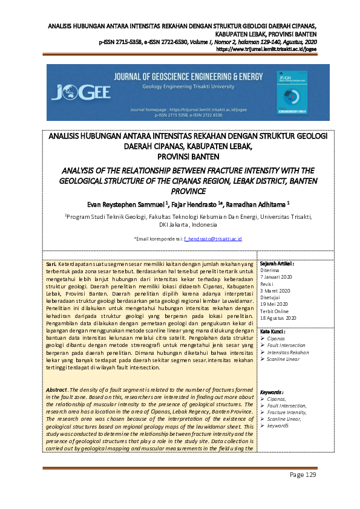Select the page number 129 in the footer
(x=303, y=475)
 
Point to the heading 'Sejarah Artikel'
(x=277, y=264)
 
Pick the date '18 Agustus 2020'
(x=278, y=317)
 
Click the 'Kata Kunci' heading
(x=273, y=332)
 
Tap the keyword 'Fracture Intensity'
(x=287, y=412)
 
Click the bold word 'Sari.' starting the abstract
(x=53, y=265)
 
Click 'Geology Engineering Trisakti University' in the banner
(x=180, y=86)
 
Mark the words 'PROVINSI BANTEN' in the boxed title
(x=179, y=157)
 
